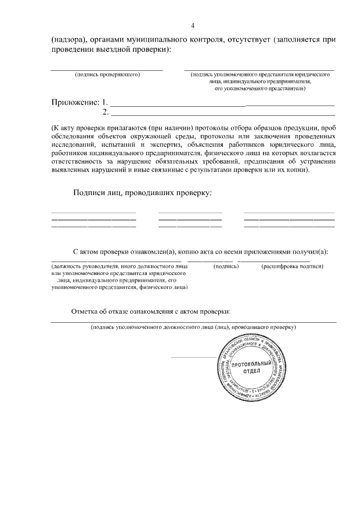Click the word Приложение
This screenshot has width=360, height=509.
(75, 102)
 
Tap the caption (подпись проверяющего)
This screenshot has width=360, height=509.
(107, 74)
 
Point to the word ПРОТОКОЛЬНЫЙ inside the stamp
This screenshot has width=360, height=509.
(247, 364)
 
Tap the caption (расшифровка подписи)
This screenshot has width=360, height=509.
(292, 266)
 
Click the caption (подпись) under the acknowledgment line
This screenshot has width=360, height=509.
(226, 266)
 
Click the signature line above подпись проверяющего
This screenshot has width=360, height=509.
(107, 70)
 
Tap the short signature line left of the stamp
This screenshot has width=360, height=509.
(192, 357)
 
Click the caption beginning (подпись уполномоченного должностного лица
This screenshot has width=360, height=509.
(193, 327)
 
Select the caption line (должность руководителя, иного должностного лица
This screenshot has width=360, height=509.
(119, 266)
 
